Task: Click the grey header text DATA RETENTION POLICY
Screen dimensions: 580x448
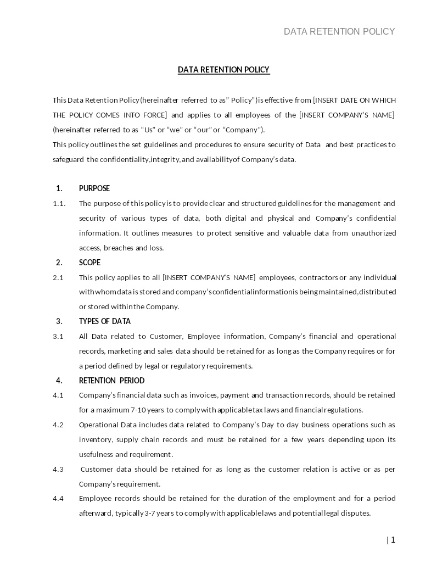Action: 339,31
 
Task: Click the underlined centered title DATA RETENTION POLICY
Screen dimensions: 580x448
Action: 223,70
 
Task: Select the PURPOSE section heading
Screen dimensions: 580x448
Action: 94,188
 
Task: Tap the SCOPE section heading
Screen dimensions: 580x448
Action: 89,263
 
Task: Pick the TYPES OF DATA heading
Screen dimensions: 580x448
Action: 105,321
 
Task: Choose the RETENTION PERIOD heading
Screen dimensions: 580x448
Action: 111,381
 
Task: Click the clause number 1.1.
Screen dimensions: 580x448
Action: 59,204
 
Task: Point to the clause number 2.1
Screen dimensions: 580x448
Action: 58,277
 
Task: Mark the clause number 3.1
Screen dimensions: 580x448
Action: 58,336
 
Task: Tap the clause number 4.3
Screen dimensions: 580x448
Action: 58,469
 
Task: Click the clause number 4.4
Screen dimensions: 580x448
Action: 58,499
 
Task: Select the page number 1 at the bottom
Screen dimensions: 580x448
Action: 393,540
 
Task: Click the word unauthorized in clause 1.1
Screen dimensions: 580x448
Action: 373,233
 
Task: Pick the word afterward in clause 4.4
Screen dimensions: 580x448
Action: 96,514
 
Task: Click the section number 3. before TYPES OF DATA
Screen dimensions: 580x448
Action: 59,321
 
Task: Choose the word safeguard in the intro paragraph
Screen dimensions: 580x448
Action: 68,160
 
